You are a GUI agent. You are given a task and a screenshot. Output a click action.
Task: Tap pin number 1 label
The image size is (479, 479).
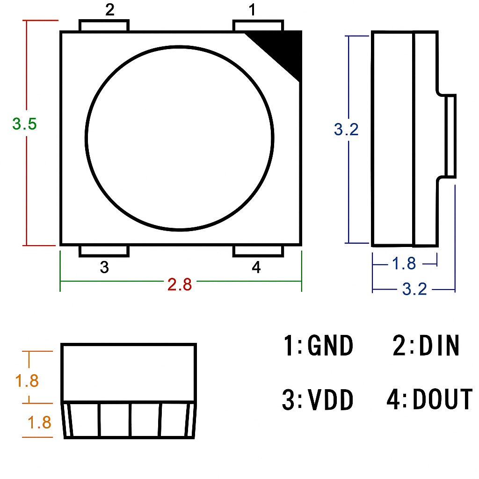[x=253, y=10]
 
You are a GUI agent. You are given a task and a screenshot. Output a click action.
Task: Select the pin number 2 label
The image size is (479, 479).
[x=109, y=10]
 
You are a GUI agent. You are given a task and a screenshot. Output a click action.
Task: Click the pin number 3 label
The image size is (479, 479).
[x=104, y=268]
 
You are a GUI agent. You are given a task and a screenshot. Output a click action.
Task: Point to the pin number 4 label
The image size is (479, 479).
[x=256, y=268]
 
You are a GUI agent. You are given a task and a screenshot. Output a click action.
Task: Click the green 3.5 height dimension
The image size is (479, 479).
[x=24, y=124]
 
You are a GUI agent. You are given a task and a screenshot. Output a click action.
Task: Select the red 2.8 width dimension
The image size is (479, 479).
[x=180, y=284]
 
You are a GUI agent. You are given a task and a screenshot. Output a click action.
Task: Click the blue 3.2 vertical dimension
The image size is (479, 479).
[x=346, y=129]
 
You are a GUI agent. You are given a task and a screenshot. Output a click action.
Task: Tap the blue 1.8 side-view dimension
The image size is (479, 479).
[x=404, y=263]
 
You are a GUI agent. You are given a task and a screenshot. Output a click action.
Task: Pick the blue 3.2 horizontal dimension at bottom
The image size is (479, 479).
[x=415, y=289]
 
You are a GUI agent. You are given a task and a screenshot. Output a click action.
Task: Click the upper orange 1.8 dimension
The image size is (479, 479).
[x=27, y=381]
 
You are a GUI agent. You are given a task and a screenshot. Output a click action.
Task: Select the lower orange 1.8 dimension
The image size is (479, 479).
[x=39, y=423]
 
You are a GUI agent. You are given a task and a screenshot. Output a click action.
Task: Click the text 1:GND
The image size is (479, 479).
[x=318, y=346]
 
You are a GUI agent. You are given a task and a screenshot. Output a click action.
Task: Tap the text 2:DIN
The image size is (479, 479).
[x=426, y=346]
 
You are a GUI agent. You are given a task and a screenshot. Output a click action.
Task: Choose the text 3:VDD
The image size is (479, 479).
[x=318, y=400]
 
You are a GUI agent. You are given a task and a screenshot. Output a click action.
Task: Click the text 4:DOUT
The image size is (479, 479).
[x=429, y=399]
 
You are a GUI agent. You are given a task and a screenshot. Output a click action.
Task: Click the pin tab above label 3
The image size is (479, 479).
[x=104, y=251]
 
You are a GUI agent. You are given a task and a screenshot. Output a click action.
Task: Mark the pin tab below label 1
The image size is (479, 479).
[x=258, y=25]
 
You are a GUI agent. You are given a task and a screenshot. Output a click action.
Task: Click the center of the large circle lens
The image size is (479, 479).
[x=180, y=138]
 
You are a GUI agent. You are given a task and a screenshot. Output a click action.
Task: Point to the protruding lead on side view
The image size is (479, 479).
[x=450, y=136]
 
